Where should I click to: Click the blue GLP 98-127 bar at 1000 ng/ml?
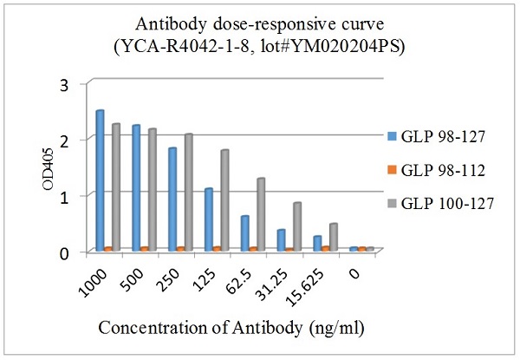click(x=100, y=180)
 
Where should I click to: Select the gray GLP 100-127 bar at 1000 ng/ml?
click(x=115, y=187)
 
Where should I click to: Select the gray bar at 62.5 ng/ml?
click(x=260, y=214)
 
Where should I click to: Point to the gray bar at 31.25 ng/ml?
click(x=296, y=226)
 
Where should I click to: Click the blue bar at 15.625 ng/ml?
click(x=317, y=243)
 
